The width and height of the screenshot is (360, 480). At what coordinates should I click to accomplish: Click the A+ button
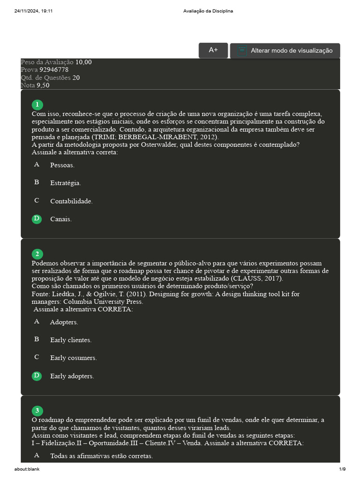click(x=213, y=50)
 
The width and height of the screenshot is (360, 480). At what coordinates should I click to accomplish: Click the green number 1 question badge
click(x=37, y=105)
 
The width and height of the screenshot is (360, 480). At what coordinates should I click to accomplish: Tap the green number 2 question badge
click(x=37, y=254)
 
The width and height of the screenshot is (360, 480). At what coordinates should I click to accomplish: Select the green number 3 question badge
click(x=37, y=411)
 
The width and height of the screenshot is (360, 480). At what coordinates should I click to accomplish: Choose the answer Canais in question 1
click(x=61, y=219)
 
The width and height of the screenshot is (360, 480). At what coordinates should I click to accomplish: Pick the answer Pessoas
click(x=62, y=165)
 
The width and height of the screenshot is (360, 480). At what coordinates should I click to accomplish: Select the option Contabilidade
click(x=71, y=201)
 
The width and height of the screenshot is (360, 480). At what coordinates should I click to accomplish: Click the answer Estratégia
click(x=66, y=183)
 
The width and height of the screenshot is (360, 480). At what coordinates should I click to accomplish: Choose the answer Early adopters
click(x=72, y=376)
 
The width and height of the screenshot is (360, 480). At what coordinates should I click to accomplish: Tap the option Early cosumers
click(x=74, y=358)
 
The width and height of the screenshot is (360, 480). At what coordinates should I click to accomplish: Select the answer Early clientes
click(x=71, y=340)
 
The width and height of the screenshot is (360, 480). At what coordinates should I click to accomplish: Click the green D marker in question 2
click(x=37, y=375)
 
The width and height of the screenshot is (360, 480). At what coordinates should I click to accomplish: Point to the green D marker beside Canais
click(x=37, y=218)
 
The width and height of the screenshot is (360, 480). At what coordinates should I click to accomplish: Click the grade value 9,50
click(x=43, y=85)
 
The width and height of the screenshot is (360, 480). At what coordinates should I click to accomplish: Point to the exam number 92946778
click(x=54, y=69)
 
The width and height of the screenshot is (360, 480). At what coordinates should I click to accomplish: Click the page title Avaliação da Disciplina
click(x=208, y=11)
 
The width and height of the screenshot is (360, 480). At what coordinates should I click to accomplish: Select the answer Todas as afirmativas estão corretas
click(x=101, y=456)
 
